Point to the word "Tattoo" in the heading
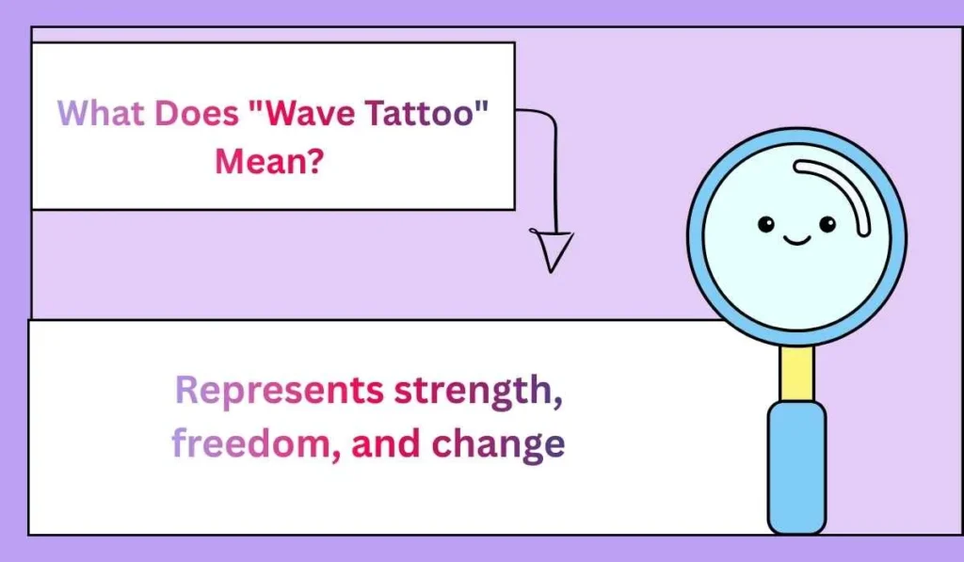click(x=413, y=115)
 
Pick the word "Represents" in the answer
click(x=280, y=390)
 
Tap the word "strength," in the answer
click(x=478, y=390)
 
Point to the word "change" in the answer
click(x=498, y=444)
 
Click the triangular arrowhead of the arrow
click(x=554, y=249)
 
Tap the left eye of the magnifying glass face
click(x=766, y=224)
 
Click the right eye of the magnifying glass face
click(x=827, y=224)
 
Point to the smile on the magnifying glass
click(x=796, y=240)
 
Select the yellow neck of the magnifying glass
click(x=797, y=373)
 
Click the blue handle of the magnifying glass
click(x=796, y=466)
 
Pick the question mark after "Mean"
click(x=316, y=162)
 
